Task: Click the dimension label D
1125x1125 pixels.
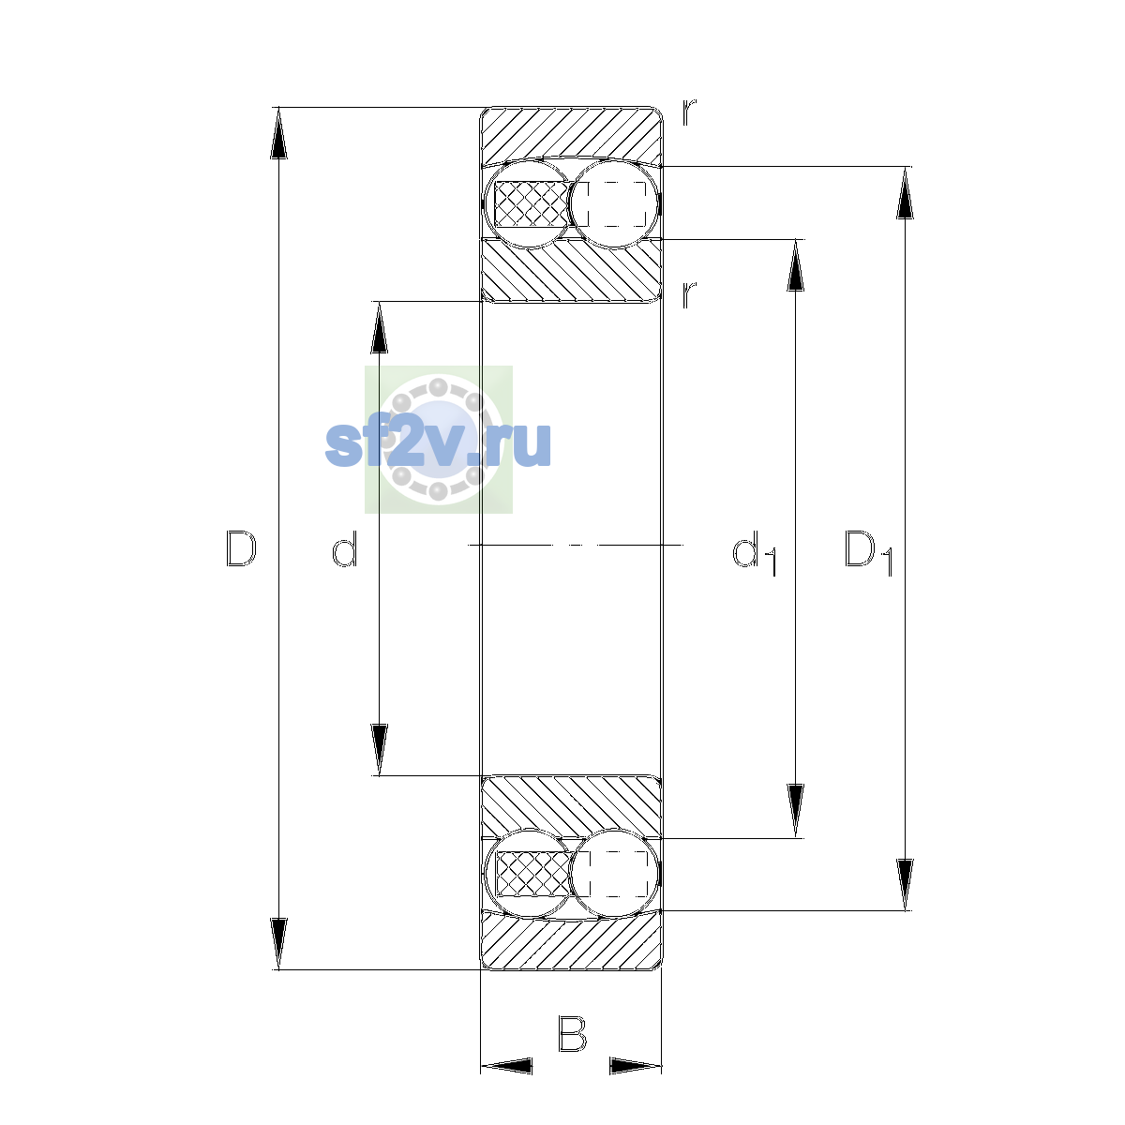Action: point(241,548)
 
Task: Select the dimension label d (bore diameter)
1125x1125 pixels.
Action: point(344,548)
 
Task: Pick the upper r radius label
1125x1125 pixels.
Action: point(689,112)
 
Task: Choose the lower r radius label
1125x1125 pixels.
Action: point(689,294)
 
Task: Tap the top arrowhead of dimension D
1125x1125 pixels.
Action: point(278,133)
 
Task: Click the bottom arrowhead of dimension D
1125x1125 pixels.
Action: point(278,944)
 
